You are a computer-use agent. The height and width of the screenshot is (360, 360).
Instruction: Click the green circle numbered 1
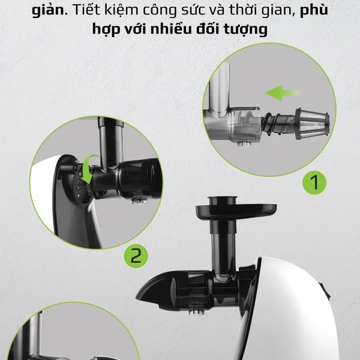[314, 182]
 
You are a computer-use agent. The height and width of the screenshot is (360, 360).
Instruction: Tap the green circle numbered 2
[136, 256]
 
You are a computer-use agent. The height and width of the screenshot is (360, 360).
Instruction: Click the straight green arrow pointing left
[283, 93]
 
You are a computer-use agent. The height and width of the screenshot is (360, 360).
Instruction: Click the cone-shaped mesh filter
[312, 124]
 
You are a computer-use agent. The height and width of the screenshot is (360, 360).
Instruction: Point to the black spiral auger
[279, 124]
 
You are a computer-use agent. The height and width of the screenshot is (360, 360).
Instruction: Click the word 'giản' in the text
[48, 11]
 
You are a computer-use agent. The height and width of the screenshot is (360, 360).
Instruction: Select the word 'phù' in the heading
[314, 11]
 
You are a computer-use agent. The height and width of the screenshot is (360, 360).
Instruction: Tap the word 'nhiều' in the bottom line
[171, 29]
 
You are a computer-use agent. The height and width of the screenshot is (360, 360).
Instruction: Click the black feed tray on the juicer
[236, 209]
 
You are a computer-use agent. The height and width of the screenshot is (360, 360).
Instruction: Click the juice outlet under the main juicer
[197, 310]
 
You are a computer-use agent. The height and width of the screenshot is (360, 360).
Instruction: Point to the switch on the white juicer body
[326, 291]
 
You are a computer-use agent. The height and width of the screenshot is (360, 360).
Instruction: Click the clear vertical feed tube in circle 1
[220, 87]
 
